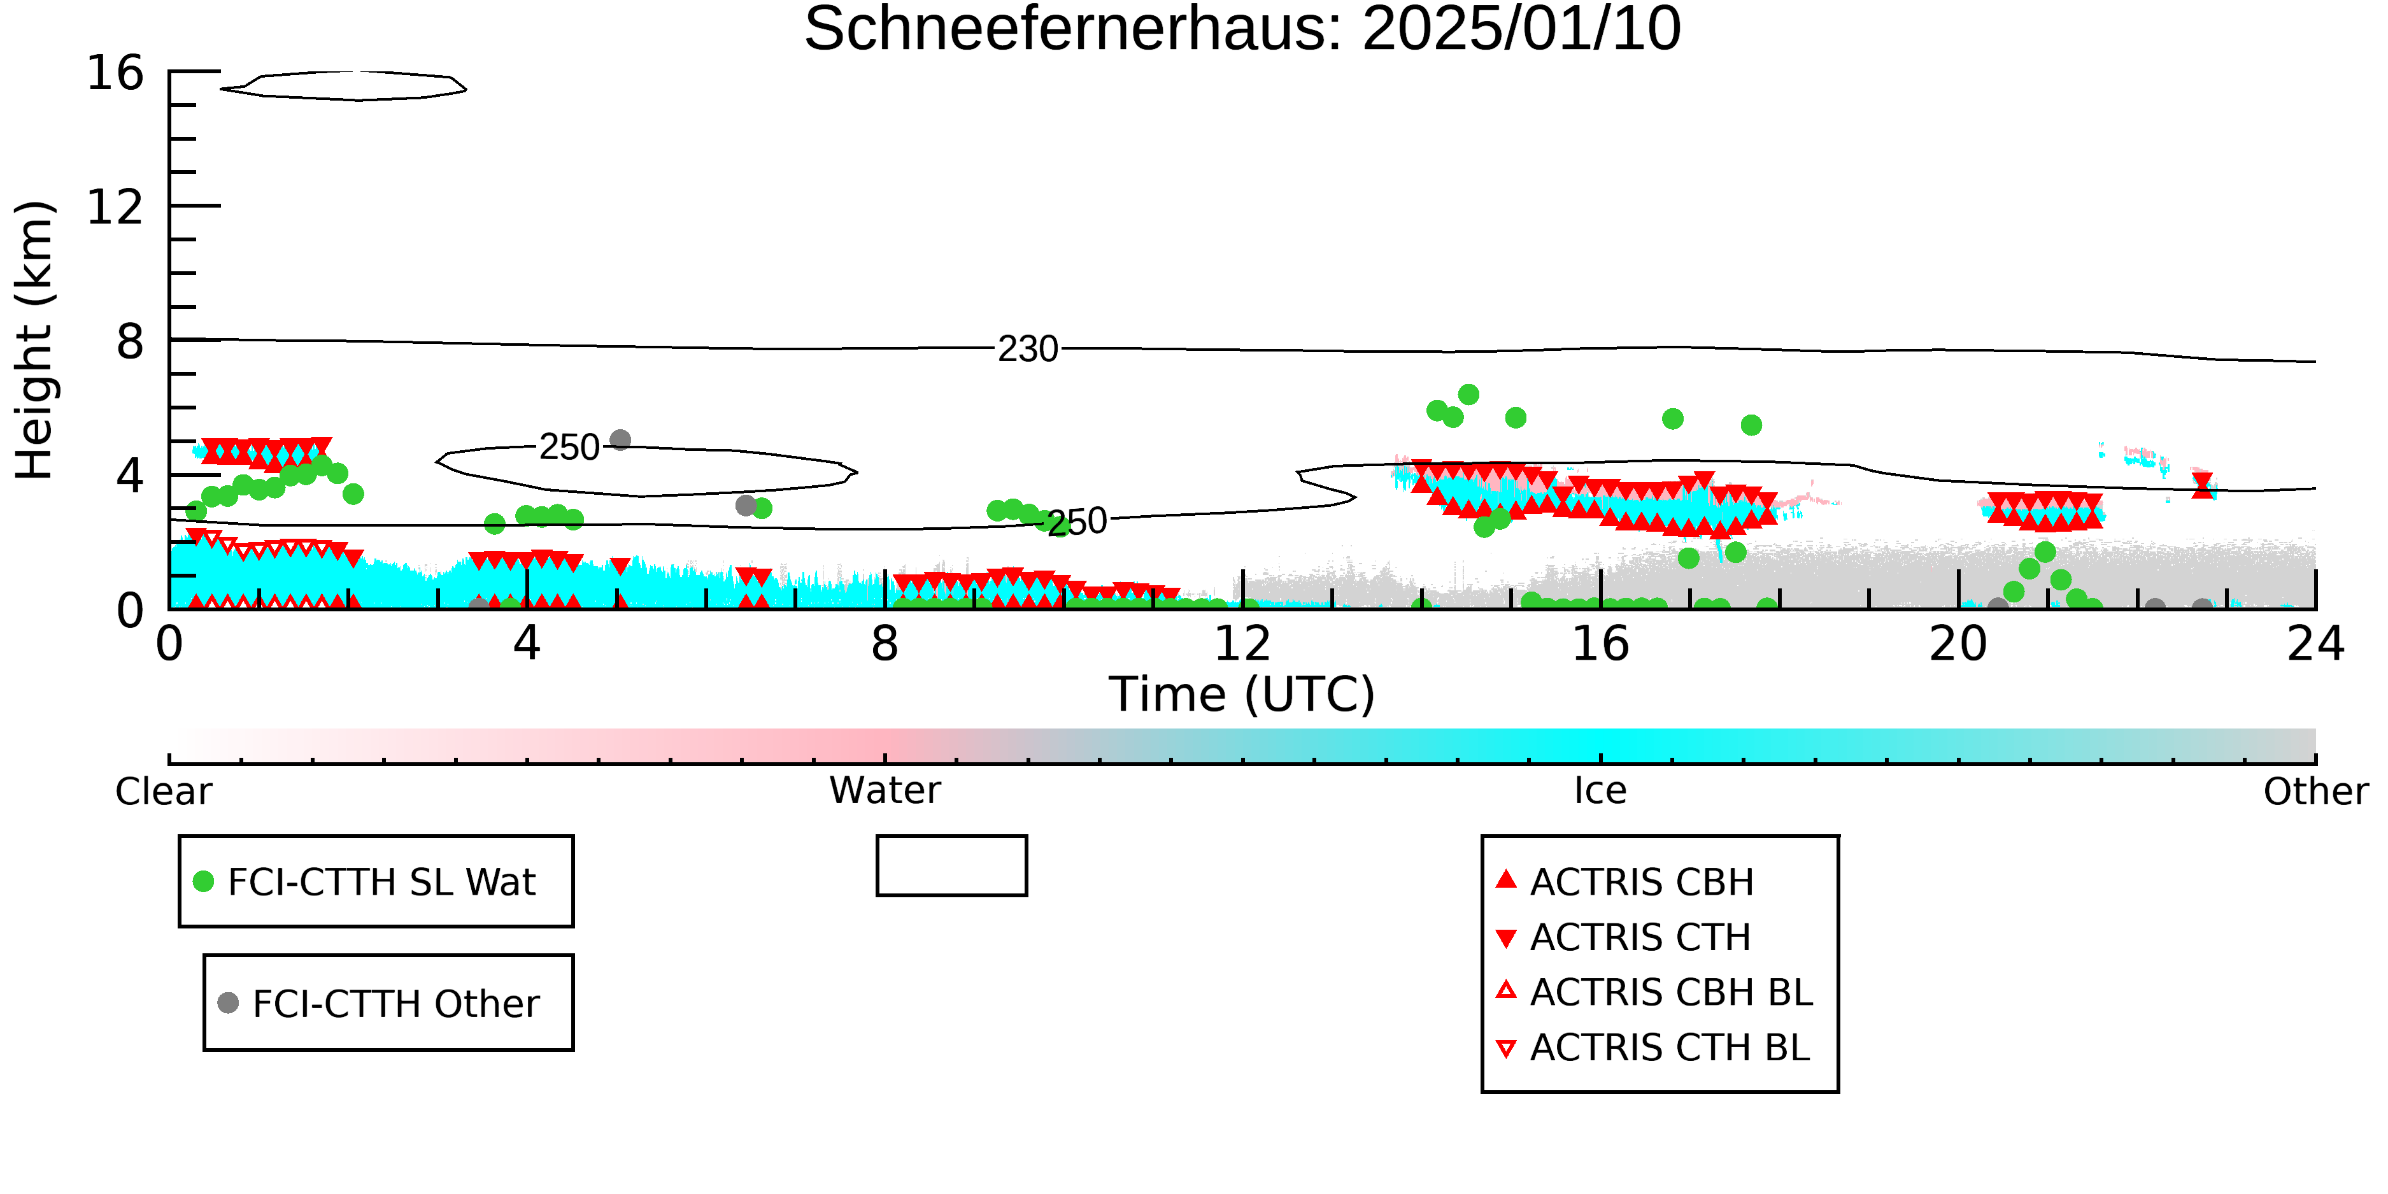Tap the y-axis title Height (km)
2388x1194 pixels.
tap(34, 340)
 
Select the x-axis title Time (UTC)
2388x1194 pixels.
tap(1242, 694)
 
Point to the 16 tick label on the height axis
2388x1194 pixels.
tap(115, 73)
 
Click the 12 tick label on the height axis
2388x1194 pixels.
tap(115, 207)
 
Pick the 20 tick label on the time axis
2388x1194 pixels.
tap(1958, 643)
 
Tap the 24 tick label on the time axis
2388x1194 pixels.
tap(2315, 643)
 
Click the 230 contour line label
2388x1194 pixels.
tap(1027, 350)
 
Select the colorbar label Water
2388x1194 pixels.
tap(885, 791)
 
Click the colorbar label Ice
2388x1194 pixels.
tap(1600, 791)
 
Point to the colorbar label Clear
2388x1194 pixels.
tap(163, 792)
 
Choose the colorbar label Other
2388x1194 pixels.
tap(2315, 792)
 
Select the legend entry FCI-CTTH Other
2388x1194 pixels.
tap(379, 1003)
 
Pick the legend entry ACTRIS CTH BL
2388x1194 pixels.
tap(1653, 1048)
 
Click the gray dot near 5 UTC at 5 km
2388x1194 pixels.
tap(620, 440)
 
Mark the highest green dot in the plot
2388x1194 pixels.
tap(1468, 395)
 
